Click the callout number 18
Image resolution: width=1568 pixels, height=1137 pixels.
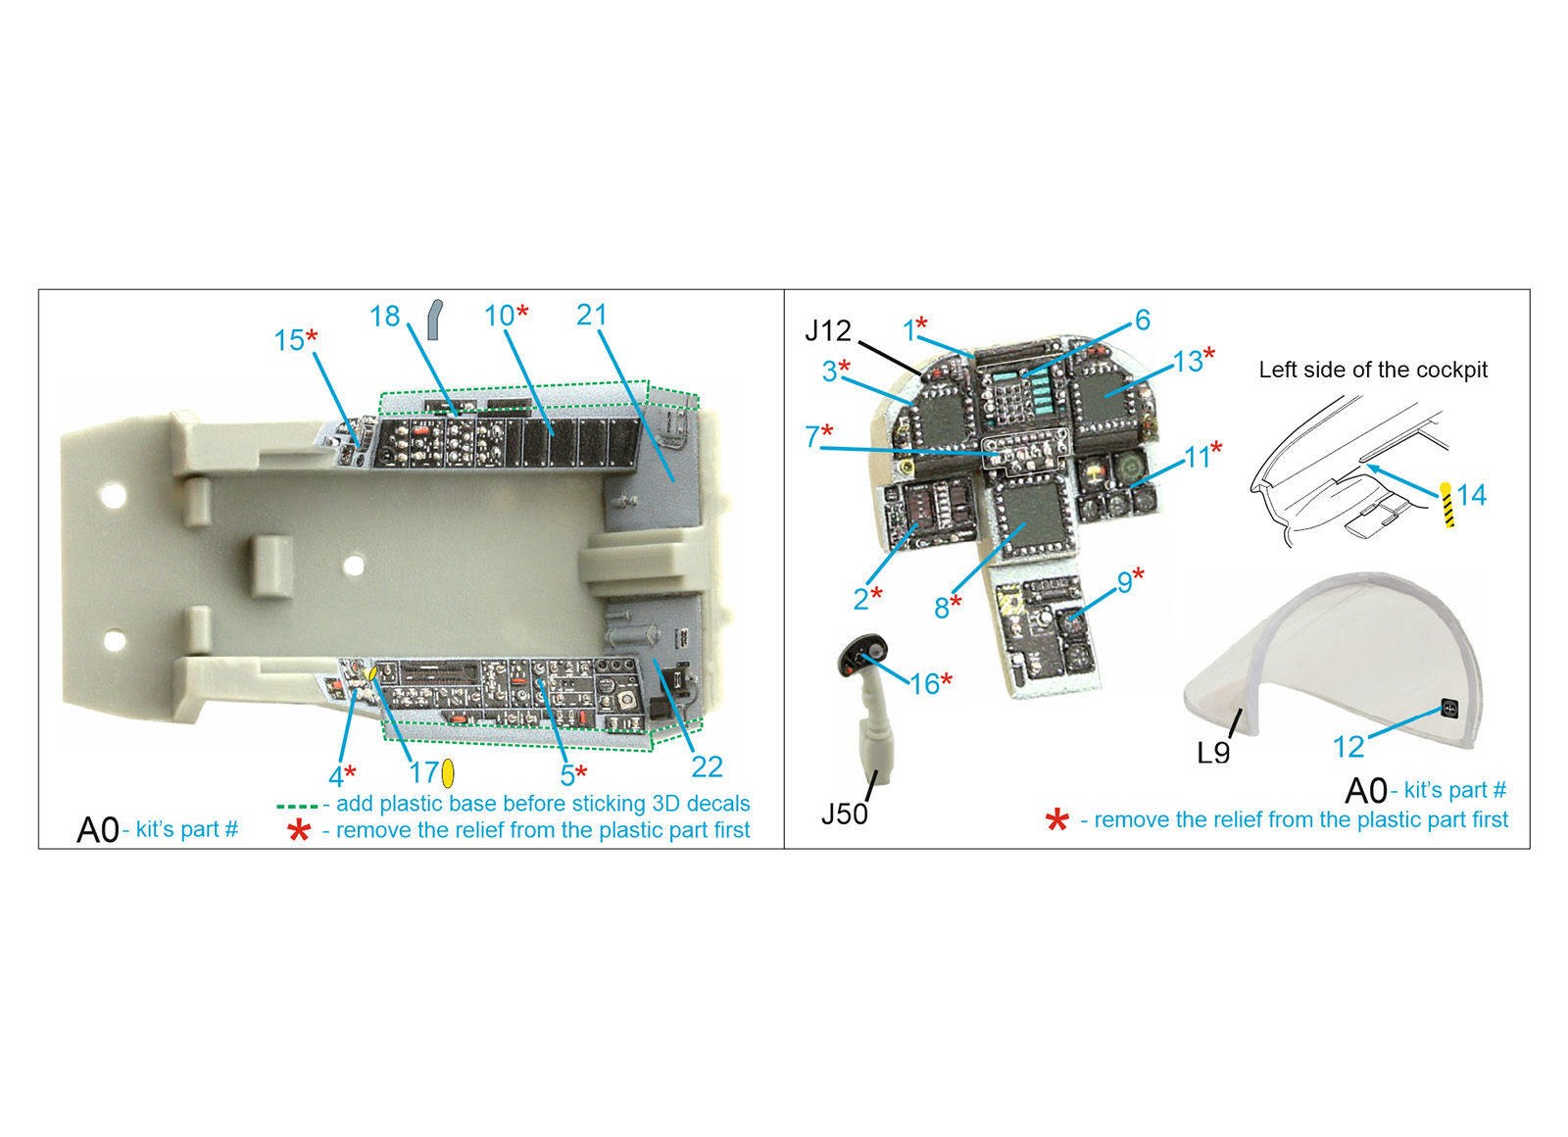[384, 317]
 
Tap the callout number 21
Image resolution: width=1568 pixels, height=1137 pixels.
[591, 315]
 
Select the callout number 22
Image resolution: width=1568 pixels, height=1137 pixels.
[707, 767]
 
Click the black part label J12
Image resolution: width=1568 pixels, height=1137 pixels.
[828, 330]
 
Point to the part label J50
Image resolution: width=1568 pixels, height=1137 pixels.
[844, 815]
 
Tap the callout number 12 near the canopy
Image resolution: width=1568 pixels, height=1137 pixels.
[1348, 747]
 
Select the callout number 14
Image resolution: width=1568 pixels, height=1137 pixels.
[1471, 495]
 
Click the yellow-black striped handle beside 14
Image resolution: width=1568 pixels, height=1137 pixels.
[1446, 504]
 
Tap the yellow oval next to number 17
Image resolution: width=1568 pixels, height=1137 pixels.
[447, 773]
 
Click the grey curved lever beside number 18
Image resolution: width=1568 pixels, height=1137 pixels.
[435, 320]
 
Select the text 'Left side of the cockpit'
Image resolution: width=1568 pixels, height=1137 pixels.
[1373, 370]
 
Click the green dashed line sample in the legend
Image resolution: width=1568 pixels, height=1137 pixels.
[297, 807]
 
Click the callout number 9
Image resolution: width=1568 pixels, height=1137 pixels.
[1124, 582]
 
